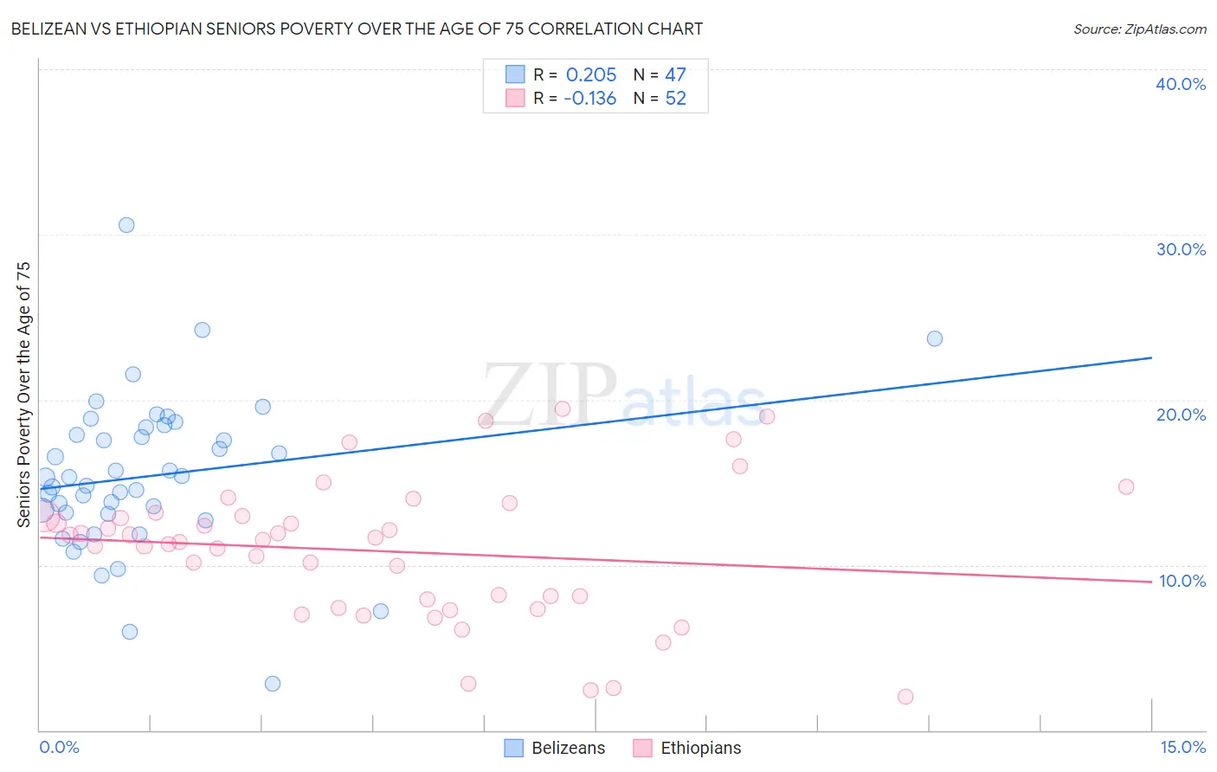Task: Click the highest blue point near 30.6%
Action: (x=126, y=225)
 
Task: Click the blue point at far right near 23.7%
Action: (x=935, y=338)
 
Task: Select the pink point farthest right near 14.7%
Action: (x=1126, y=486)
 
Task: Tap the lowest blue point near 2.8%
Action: (x=273, y=684)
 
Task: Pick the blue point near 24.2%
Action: (x=203, y=330)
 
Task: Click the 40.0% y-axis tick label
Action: (x=1181, y=84)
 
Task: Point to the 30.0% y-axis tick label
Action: (x=1181, y=249)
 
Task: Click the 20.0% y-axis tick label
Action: (x=1181, y=415)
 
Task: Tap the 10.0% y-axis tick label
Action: (x=1182, y=581)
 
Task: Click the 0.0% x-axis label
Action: (x=59, y=747)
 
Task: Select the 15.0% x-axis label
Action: (x=1182, y=747)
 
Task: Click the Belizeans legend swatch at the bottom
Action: (x=514, y=748)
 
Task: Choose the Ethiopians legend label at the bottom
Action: (x=701, y=748)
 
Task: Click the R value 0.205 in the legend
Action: (x=591, y=75)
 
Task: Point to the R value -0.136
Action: (x=589, y=99)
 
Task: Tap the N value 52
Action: (x=675, y=99)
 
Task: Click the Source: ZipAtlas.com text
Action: (x=1139, y=29)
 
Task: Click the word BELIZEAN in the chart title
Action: (x=50, y=29)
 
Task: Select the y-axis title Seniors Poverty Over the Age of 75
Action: (x=24, y=395)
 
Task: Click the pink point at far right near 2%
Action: (x=905, y=697)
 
